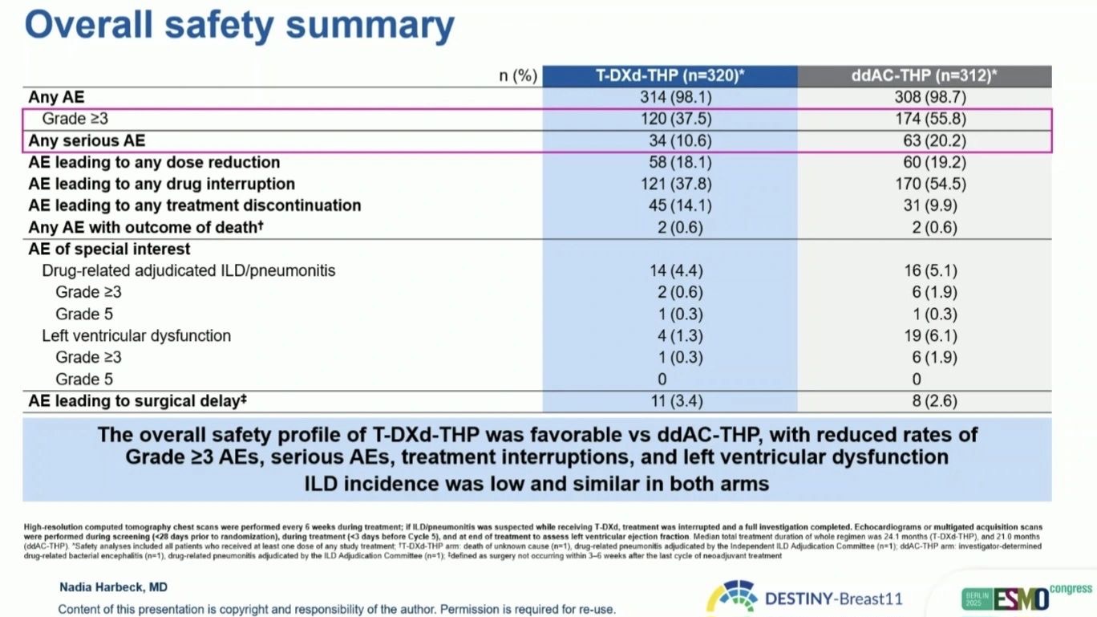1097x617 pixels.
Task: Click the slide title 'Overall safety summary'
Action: click(x=239, y=26)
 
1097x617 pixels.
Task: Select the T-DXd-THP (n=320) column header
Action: click(x=670, y=76)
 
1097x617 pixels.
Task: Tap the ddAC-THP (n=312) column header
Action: click(x=924, y=76)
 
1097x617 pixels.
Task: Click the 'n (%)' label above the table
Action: click(x=518, y=76)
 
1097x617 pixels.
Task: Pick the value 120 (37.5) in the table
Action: click(x=680, y=120)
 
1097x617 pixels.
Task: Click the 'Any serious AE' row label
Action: click(x=87, y=140)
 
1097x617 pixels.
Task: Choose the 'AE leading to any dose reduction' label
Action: click(x=154, y=162)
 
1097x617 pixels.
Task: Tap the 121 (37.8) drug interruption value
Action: click(x=680, y=184)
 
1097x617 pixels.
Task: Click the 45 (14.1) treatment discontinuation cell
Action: click(x=680, y=205)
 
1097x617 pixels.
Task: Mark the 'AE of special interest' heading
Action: click(x=109, y=249)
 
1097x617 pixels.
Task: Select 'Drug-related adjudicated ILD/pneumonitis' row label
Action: click(x=188, y=270)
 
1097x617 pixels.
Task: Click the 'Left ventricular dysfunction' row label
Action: click(x=136, y=335)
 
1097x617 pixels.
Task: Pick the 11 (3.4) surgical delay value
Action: click(x=680, y=400)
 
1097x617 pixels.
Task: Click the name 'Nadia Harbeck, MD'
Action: click(x=113, y=587)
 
